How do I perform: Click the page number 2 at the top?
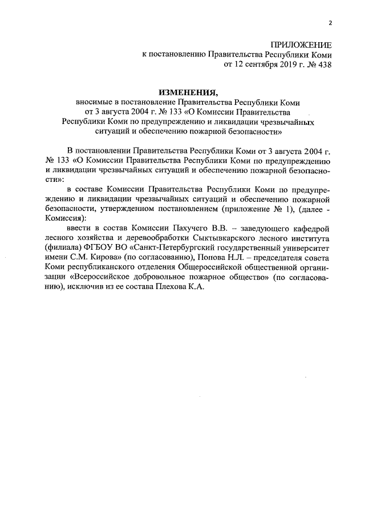click(x=330, y=23)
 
